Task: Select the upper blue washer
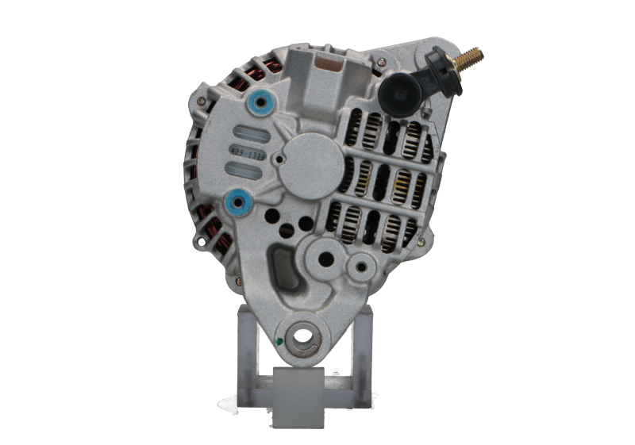pyautogui.click(x=258, y=102)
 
